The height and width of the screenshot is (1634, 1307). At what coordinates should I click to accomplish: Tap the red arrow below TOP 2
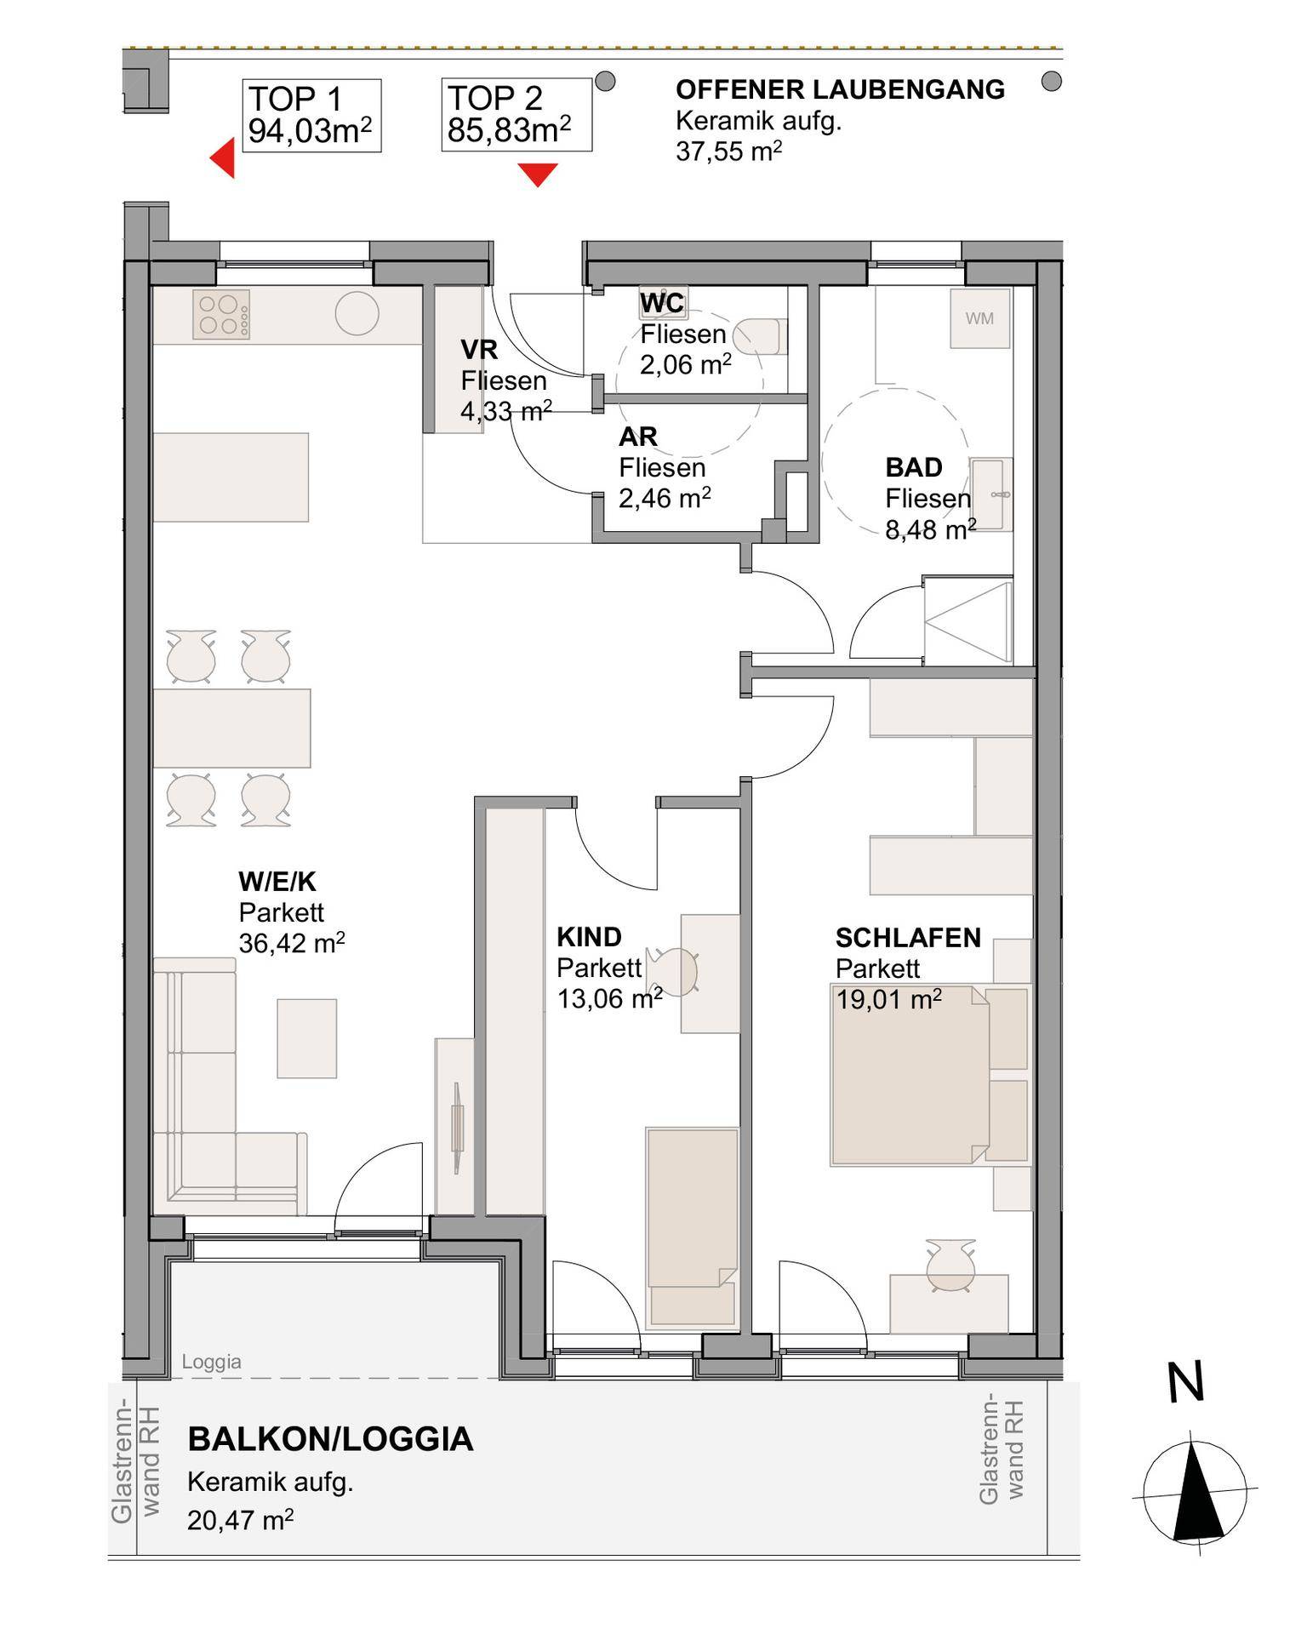(x=538, y=174)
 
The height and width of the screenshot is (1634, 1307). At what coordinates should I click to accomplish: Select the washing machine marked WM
(x=980, y=318)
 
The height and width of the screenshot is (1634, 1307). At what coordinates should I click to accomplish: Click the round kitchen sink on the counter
(x=357, y=314)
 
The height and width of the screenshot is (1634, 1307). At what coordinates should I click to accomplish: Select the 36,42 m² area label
(x=292, y=942)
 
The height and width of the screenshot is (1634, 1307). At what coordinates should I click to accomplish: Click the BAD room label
(x=914, y=467)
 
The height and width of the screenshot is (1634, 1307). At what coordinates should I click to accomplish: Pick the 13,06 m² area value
(x=609, y=997)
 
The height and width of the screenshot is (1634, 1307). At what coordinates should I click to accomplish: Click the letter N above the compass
(x=1185, y=1382)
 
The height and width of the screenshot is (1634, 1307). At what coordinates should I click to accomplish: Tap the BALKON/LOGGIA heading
(x=330, y=1439)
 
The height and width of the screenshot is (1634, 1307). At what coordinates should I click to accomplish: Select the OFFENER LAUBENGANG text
(x=840, y=89)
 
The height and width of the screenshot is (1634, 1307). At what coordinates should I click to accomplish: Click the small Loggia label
(x=211, y=1362)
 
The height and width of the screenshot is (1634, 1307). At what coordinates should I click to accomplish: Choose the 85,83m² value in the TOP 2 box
(x=509, y=130)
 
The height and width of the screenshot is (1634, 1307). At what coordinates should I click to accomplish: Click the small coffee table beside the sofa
(x=307, y=1038)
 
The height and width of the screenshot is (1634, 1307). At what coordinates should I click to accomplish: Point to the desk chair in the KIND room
(x=674, y=972)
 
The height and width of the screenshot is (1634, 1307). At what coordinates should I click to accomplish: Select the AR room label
(x=638, y=437)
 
